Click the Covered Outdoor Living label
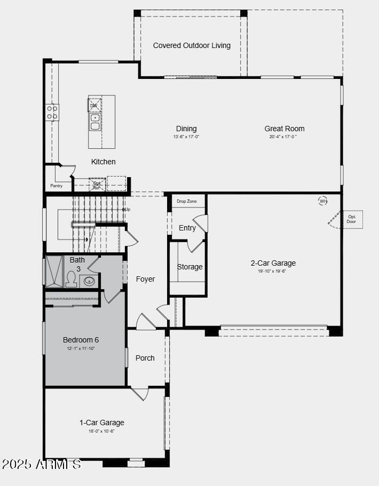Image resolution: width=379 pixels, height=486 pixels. [x=192, y=45]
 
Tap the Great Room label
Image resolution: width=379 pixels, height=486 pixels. [x=285, y=129]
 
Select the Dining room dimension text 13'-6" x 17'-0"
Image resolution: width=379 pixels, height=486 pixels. [x=186, y=137]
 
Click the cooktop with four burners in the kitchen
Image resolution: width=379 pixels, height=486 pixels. [x=52, y=112]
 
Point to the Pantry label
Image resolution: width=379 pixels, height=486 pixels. [x=56, y=186]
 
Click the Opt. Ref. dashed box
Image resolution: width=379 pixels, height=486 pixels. [x=97, y=185]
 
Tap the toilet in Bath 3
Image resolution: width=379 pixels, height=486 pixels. [x=71, y=279]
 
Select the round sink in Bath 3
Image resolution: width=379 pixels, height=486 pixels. [x=89, y=281]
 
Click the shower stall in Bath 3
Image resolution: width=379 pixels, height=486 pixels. [x=54, y=272]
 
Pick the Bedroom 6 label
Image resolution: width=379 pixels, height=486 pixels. [x=81, y=340]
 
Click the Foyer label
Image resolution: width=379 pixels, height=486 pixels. [x=145, y=279]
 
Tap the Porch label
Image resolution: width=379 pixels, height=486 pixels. [x=145, y=358]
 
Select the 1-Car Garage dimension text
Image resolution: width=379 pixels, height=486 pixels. [x=101, y=431]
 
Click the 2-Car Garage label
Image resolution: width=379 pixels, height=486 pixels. [x=273, y=263]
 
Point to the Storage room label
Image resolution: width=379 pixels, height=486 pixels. [x=189, y=267]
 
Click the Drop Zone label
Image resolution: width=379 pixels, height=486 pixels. [x=187, y=201]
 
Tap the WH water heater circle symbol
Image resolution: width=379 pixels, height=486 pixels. [x=323, y=201]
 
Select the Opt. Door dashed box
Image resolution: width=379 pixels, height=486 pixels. [x=352, y=219]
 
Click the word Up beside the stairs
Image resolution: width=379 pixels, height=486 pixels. [x=127, y=209]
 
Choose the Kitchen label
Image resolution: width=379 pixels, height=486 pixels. [x=103, y=162]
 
